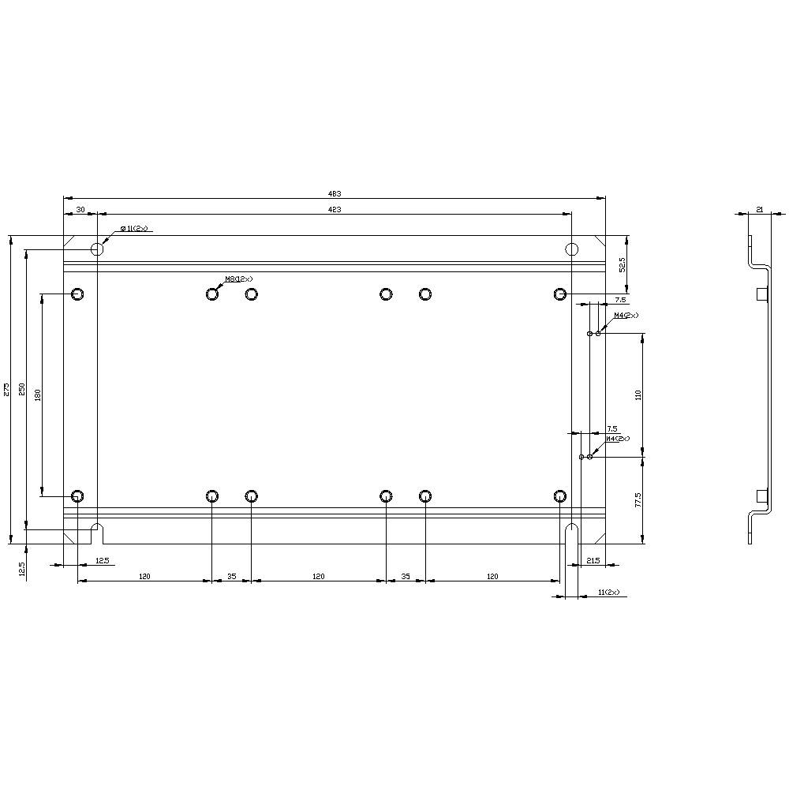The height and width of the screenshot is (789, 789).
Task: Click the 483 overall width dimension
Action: click(335, 193)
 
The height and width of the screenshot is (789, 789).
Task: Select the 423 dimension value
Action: click(335, 209)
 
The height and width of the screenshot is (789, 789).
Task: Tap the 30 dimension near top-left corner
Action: click(80, 209)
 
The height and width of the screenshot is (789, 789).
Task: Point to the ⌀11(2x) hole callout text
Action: click(134, 229)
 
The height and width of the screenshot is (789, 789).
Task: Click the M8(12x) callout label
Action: click(239, 279)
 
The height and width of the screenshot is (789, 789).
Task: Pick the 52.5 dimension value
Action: click(622, 264)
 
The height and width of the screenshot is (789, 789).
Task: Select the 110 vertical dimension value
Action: click(638, 394)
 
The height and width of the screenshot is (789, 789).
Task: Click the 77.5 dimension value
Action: click(638, 500)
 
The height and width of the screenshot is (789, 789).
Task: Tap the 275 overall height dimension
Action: click(6, 389)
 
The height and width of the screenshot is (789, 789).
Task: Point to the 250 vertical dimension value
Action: click(22, 389)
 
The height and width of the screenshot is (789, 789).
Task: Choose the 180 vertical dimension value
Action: click(38, 394)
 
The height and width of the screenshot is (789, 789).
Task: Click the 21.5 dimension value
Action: click(594, 560)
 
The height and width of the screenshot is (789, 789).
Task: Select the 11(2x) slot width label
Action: click(608, 592)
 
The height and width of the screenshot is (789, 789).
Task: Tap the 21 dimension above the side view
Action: click(759, 209)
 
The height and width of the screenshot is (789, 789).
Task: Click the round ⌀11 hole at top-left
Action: click(97, 249)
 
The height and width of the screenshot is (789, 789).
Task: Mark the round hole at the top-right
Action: click(572, 249)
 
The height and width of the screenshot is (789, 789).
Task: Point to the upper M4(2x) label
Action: click(626, 316)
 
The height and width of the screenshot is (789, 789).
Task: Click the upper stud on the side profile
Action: click(761, 294)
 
